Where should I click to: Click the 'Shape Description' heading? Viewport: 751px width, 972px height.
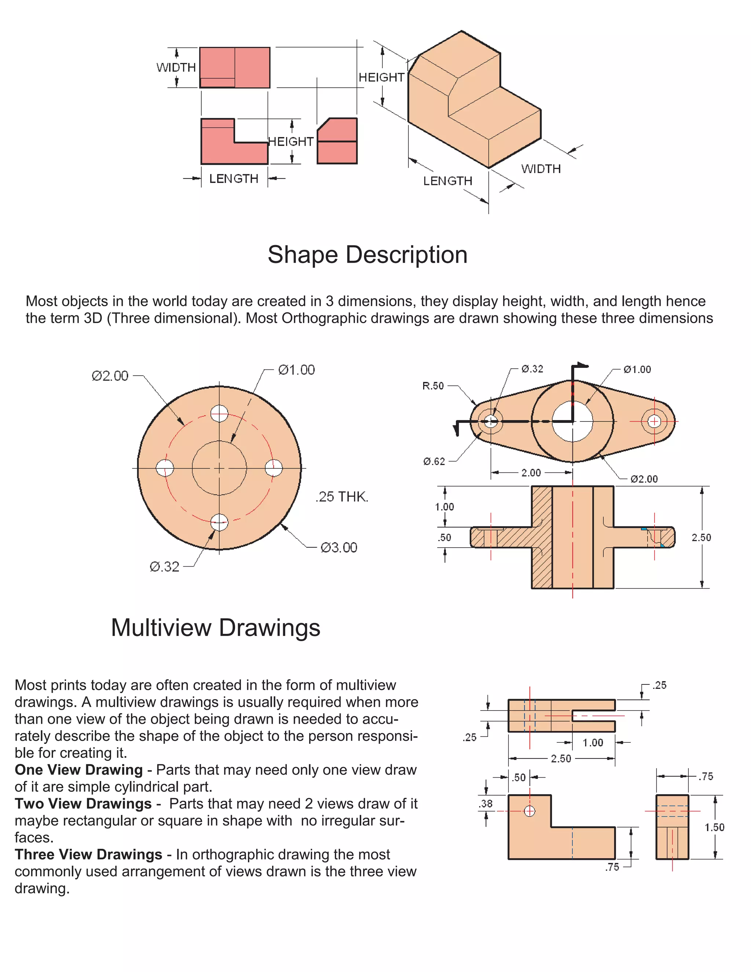point(367,255)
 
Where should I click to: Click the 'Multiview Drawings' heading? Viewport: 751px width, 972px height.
point(215,628)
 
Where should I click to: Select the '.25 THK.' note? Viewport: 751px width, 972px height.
point(342,497)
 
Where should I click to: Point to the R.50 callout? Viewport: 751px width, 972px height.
point(433,386)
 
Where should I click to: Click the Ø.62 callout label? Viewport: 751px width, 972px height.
point(434,461)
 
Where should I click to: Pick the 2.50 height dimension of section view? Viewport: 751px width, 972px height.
point(701,538)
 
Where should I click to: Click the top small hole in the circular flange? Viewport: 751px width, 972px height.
point(219,413)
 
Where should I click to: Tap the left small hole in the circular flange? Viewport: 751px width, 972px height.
point(165,468)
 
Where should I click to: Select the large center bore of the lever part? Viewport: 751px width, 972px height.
point(572,421)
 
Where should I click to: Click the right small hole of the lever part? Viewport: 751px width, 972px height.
point(654,421)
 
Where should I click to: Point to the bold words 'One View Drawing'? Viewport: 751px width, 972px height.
point(79,770)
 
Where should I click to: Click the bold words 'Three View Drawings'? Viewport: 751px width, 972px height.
point(88,855)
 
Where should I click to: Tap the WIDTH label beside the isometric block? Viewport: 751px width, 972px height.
point(541,169)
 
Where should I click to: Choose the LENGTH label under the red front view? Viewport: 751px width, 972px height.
point(234,179)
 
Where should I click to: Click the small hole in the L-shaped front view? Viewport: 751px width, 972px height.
point(530,811)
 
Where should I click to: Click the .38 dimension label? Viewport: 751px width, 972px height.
point(486,804)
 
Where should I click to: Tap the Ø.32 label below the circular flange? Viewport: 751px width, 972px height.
point(164,567)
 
